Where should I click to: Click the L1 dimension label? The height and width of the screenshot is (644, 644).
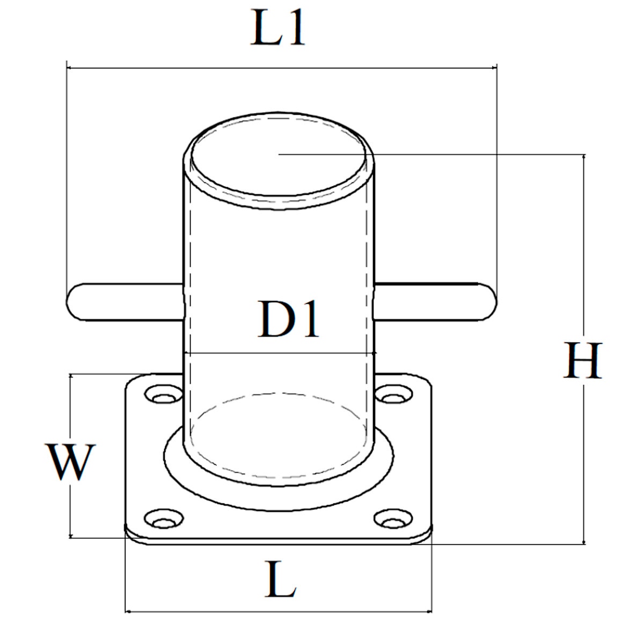pos(278,31)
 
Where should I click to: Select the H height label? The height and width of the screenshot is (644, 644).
pos(583,360)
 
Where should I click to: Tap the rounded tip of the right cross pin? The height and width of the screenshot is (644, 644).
pos(487,302)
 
